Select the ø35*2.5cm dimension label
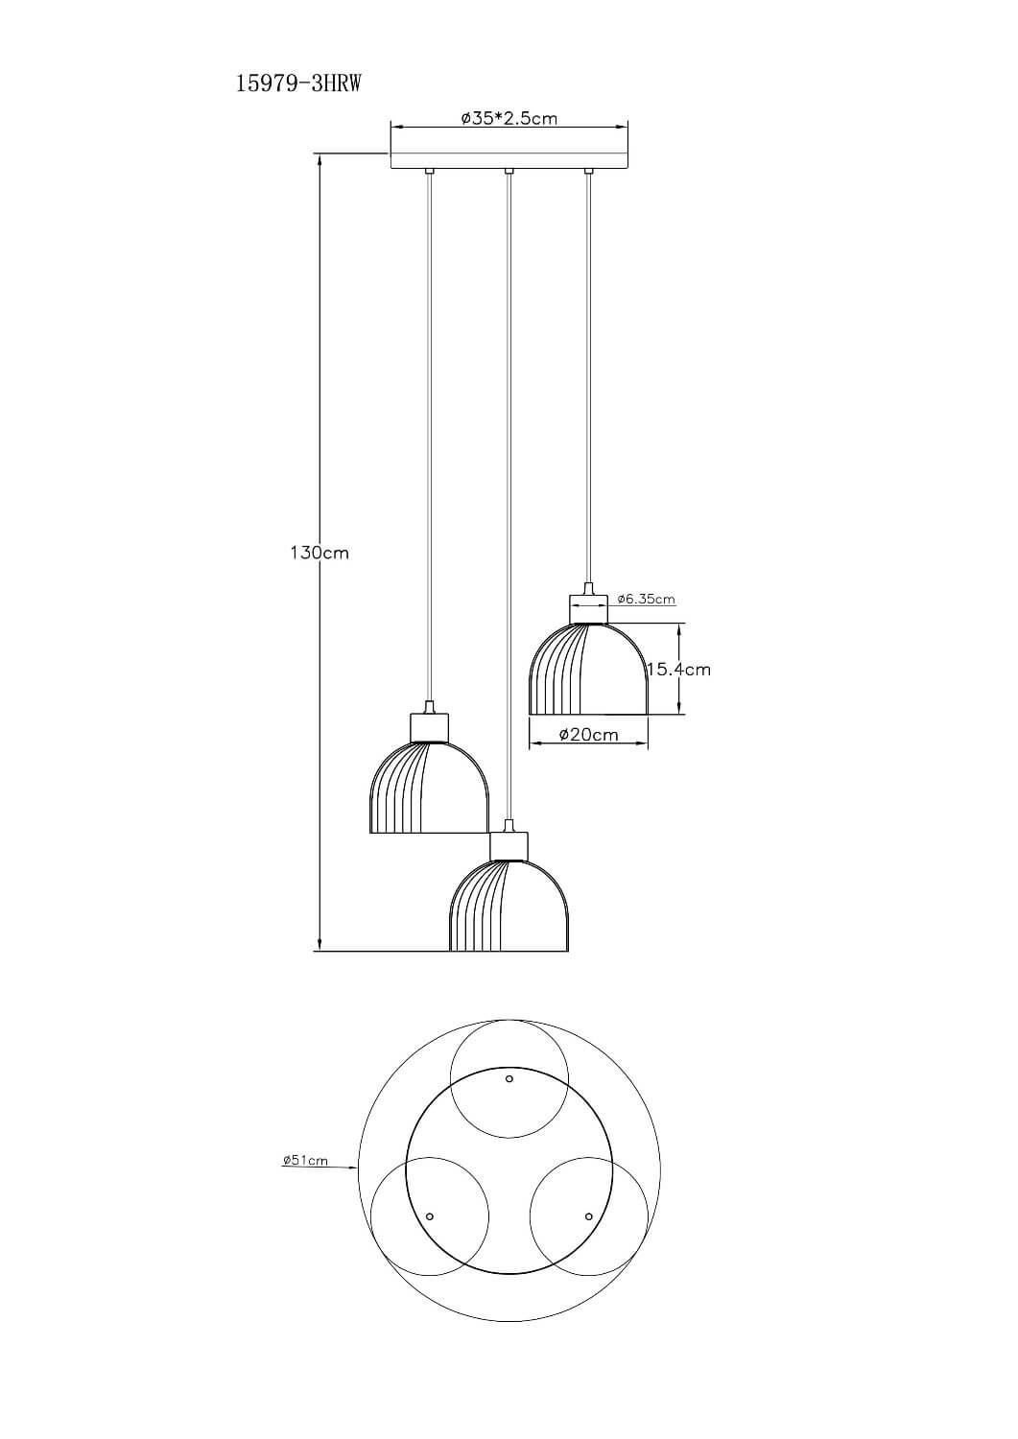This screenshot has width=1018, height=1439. click(509, 118)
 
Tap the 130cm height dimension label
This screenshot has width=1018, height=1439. click(320, 553)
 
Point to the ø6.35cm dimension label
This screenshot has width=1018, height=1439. click(647, 600)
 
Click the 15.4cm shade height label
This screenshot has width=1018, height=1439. click(679, 670)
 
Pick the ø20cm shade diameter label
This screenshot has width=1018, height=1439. click(588, 734)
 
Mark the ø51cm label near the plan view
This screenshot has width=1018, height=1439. click(305, 1160)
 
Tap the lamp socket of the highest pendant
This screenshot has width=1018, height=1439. click(588, 608)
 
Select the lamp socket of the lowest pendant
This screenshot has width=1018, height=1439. click(509, 845)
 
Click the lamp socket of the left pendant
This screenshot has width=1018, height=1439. click(429, 727)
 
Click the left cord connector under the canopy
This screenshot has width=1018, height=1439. click(429, 172)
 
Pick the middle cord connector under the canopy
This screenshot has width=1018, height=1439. click(509, 172)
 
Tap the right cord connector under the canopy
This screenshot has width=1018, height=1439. click(587, 172)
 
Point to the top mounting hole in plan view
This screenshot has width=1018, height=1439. click(509, 1078)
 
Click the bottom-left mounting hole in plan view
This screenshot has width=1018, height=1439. click(430, 1215)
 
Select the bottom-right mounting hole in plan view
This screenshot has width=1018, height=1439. click(588, 1215)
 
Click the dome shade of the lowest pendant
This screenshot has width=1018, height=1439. click(509, 906)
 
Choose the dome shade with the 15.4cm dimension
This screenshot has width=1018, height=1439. click(588, 668)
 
